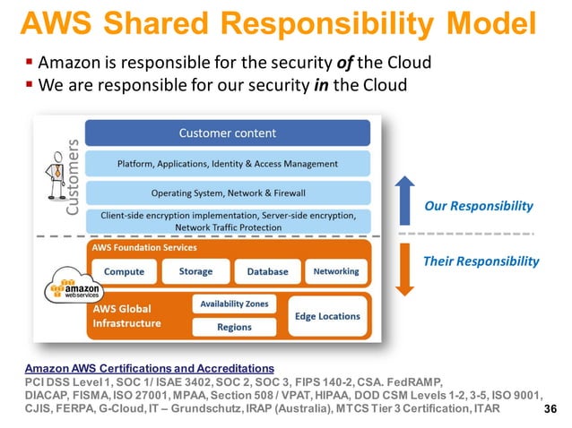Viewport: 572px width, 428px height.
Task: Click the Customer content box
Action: coord(228,133)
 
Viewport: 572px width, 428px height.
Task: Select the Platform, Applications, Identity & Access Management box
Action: coord(228,164)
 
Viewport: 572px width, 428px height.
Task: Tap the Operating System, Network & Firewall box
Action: coord(228,193)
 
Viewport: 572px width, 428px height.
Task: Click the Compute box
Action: coord(124,271)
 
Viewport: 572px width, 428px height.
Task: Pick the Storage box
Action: coord(195,271)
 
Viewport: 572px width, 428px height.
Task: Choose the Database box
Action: coord(267,271)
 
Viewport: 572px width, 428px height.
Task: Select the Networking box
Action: coord(336,271)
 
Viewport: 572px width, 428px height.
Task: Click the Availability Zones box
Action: coord(234,304)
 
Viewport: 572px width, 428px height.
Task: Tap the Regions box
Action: coord(234,327)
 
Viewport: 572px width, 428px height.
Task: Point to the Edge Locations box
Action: coord(327,316)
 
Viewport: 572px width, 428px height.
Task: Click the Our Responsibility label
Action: coord(478,206)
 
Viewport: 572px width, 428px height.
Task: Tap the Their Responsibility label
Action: coord(481,261)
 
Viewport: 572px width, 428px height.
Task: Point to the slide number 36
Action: coord(552,408)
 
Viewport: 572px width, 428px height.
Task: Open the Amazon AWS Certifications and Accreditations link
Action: coord(149,368)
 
